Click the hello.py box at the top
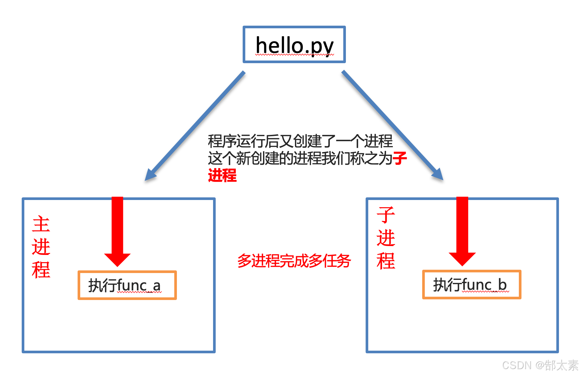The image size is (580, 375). (294, 45)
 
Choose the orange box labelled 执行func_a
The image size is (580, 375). (127, 285)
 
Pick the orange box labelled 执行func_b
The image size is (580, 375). (471, 285)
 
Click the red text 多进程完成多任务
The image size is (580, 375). (294, 261)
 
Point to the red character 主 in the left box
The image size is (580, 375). (41, 224)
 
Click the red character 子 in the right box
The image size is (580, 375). (386, 215)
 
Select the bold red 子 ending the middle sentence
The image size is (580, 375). (400, 158)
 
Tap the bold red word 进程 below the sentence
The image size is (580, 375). (222, 175)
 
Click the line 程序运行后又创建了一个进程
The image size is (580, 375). (300, 141)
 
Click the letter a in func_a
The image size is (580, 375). (157, 286)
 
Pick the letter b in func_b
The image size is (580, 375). (502, 285)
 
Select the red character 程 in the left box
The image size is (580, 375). (41, 270)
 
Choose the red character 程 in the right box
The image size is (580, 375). (386, 261)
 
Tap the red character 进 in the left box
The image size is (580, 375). (41, 247)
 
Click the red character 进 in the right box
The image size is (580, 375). (386, 238)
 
